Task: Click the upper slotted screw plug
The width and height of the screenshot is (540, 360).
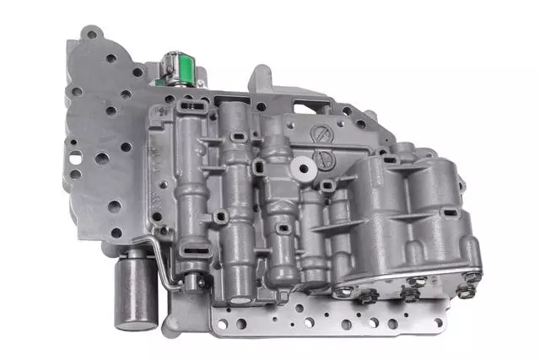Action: click(x=321, y=135)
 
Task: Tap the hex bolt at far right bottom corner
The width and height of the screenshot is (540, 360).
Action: click(x=465, y=292)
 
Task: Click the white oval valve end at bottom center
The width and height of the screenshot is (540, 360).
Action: click(x=241, y=298)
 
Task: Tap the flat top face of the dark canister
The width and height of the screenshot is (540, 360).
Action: click(x=135, y=258)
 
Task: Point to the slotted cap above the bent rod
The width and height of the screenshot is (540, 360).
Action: click(x=190, y=250)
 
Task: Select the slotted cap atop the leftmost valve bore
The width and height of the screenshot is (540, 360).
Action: click(x=191, y=105)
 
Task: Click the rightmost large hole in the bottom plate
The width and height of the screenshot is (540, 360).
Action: click(x=391, y=324)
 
